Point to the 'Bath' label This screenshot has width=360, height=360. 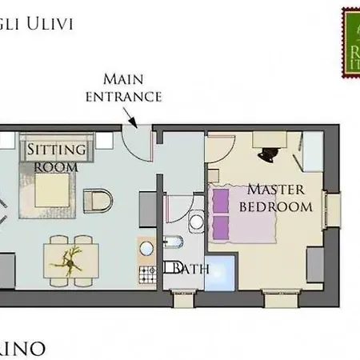[x=190, y=269]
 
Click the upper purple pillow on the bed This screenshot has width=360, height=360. [x=220, y=198]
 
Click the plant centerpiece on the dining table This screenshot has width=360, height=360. [x=70, y=258]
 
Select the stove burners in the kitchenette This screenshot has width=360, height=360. [x=148, y=275]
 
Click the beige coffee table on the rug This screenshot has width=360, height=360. [x=54, y=190]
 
